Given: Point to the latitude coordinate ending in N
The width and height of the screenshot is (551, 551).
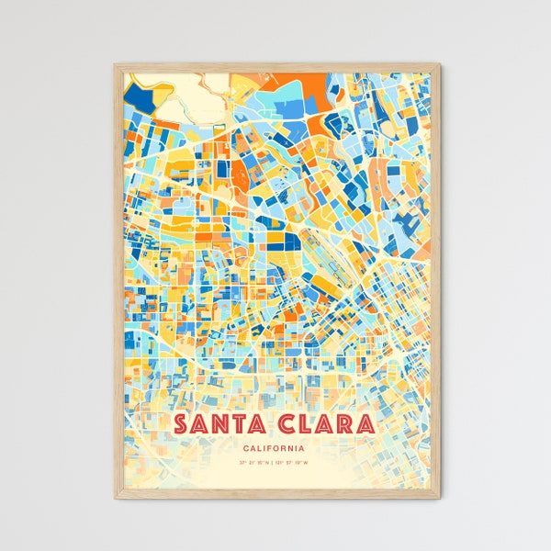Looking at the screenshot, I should pos(253,464).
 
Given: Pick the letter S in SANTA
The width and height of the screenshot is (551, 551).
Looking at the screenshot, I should pos(181,425).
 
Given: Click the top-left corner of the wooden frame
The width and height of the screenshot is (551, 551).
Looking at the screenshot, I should pos(115,64).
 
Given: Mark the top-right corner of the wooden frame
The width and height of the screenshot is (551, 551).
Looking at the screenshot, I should pos(439,64).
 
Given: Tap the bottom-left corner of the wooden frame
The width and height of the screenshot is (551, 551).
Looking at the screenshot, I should pos(115,498).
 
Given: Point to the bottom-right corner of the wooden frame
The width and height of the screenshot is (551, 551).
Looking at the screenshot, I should pos(439,498).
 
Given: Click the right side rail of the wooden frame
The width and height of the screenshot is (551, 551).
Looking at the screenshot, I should pos(435,275).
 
